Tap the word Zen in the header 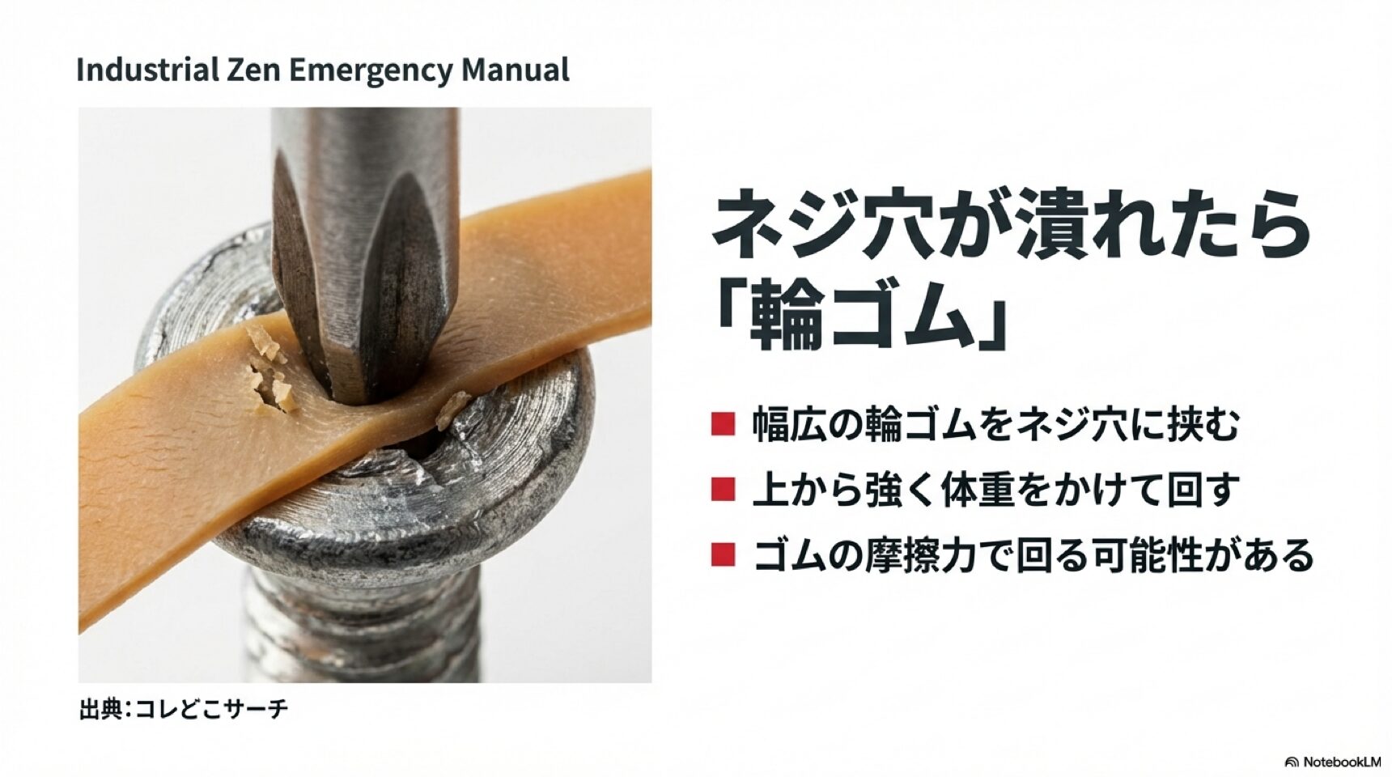(x=253, y=70)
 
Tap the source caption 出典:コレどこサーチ (x=184, y=710)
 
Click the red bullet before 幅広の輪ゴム (x=723, y=424)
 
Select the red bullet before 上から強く (x=723, y=490)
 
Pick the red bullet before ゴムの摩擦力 (x=723, y=555)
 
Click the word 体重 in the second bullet (x=972, y=490)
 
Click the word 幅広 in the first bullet (x=783, y=425)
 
